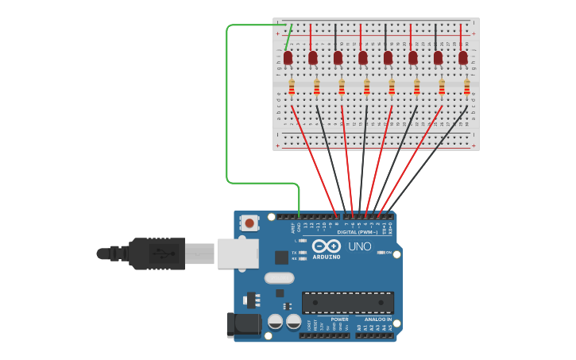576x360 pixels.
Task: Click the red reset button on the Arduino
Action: [x=249, y=223]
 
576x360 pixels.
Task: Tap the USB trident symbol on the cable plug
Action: [x=163, y=254]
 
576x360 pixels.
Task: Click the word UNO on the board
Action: [x=360, y=246]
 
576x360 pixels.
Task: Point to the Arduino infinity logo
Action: [x=326, y=246]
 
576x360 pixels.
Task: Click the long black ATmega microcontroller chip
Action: [x=348, y=303]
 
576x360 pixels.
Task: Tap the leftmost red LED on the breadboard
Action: [x=288, y=57]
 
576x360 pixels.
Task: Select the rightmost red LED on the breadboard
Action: [x=463, y=57]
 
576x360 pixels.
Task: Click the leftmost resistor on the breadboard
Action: [x=292, y=87]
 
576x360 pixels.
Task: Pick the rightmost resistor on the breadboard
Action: [x=467, y=87]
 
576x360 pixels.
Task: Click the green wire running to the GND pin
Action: [x=227, y=103]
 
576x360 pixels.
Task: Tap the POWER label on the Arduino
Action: [x=339, y=319]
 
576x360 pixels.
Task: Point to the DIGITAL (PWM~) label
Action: [x=358, y=232]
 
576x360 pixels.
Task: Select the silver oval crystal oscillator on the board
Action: [x=279, y=278]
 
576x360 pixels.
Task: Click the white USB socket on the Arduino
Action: [x=238, y=254]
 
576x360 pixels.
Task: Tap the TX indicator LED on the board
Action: [x=303, y=252]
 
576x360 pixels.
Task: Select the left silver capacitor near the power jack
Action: [x=275, y=322]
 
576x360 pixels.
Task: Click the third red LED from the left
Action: [x=338, y=57]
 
